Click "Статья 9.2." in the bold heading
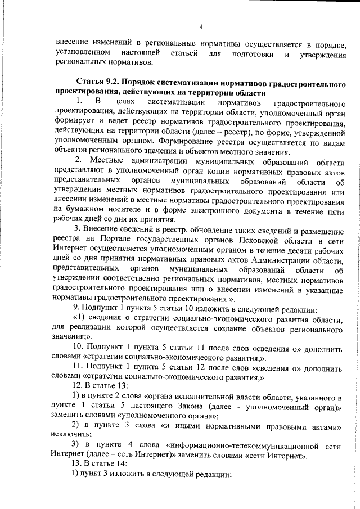click(95, 83)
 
